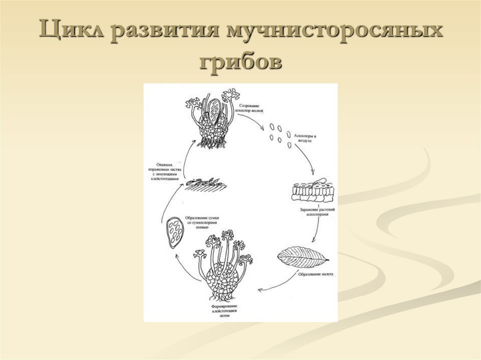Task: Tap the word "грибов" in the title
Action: pyautogui.click(x=240, y=61)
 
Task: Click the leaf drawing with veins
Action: pyautogui.click(x=303, y=257)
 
